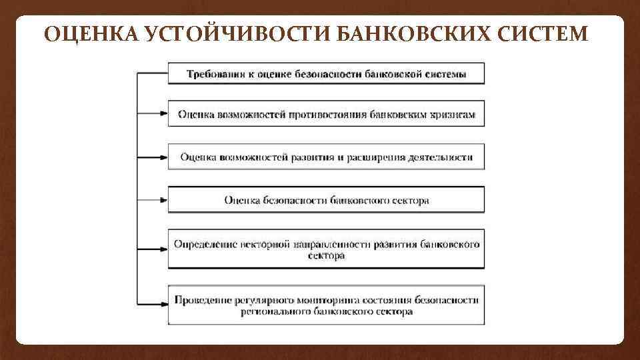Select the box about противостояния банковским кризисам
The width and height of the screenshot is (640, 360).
coord(326,114)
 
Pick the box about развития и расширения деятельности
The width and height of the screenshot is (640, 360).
coord(326,157)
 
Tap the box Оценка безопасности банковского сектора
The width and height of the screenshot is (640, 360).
coord(326,199)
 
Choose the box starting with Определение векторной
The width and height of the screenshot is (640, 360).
coord(326,249)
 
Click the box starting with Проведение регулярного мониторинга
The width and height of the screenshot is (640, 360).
coord(326,305)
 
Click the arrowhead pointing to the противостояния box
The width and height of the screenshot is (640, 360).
coord(163,114)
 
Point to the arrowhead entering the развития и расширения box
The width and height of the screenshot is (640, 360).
coord(163,157)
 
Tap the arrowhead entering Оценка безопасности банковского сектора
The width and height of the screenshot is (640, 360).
coord(163,199)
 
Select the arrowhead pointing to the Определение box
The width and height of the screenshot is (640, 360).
coord(163,249)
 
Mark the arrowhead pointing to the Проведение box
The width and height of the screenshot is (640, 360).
coord(163,305)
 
